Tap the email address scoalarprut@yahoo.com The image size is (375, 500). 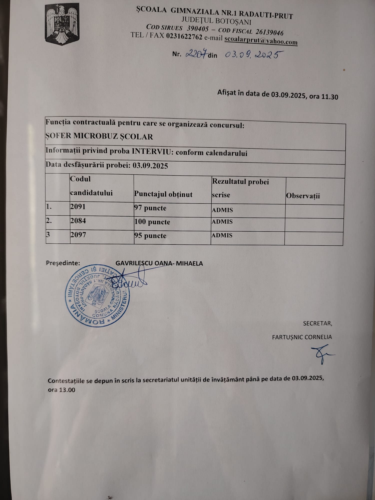pos(261,40)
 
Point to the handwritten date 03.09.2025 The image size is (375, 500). pos(251,54)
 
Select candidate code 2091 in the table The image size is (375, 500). pos(78,207)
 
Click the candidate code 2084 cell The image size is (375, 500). pos(78,221)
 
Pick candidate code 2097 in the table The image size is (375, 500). pos(78,235)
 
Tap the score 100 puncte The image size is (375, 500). pos(152,222)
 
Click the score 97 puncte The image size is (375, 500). pos(150,208)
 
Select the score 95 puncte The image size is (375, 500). pos(150,236)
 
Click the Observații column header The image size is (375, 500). pos(303,196)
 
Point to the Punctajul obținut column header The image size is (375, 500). pos(163,194)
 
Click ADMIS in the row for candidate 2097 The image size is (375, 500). pos(222,235)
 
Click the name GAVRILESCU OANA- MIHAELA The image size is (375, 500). pos(159,263)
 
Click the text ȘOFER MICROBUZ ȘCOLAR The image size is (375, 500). pos(99,136)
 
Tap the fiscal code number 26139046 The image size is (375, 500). pos(269,32)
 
